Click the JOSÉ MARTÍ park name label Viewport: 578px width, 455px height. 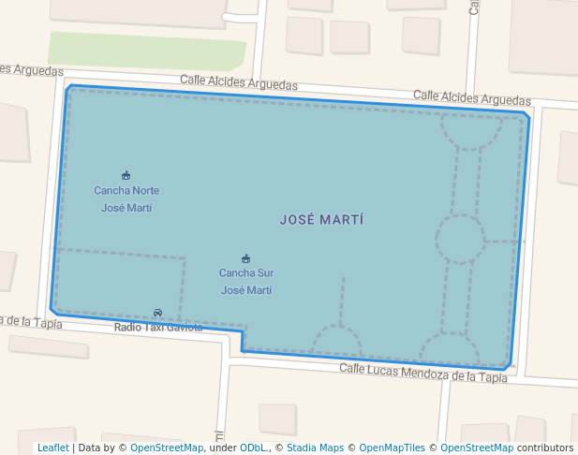321,220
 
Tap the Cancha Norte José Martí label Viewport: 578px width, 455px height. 126,198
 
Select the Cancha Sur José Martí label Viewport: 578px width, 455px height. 246,281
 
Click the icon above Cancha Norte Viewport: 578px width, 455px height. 126,175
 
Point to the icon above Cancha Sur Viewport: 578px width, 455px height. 246,258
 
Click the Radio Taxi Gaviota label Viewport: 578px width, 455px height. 157,327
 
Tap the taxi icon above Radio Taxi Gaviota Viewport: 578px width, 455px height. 157,313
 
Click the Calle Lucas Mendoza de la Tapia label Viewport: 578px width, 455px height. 422,373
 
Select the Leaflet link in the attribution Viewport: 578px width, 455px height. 52,448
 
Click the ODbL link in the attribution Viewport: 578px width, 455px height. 253,448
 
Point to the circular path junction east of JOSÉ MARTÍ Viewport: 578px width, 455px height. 460,239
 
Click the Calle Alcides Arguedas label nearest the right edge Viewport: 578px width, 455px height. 471,97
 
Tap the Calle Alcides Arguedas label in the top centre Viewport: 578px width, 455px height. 239,83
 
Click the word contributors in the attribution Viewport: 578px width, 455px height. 544,448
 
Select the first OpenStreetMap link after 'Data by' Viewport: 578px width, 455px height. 166,448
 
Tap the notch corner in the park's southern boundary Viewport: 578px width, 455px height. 243,330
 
